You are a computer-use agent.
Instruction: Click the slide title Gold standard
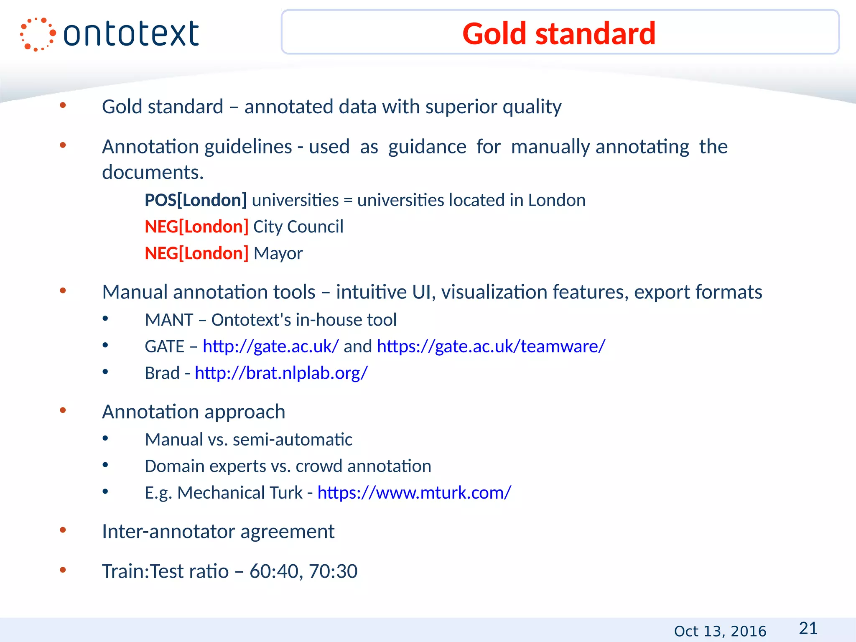(559, 33)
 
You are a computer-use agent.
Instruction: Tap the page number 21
(808, 628)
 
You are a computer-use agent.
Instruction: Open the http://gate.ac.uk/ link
(270, 346)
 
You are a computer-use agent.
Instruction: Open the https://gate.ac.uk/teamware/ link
(491, 346)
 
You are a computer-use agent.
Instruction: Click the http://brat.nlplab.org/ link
(281, 373)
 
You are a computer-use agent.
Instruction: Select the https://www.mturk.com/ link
(414, 493)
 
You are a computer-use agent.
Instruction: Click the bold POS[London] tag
(196, 200)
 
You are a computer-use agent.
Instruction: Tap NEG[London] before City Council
(196, 227)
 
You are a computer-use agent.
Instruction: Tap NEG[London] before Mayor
(196, 253)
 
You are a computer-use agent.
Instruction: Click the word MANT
(169, 320)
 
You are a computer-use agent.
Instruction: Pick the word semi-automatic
(292, 440)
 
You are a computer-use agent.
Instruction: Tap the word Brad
(162, 373)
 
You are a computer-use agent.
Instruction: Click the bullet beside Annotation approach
(63, 410)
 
